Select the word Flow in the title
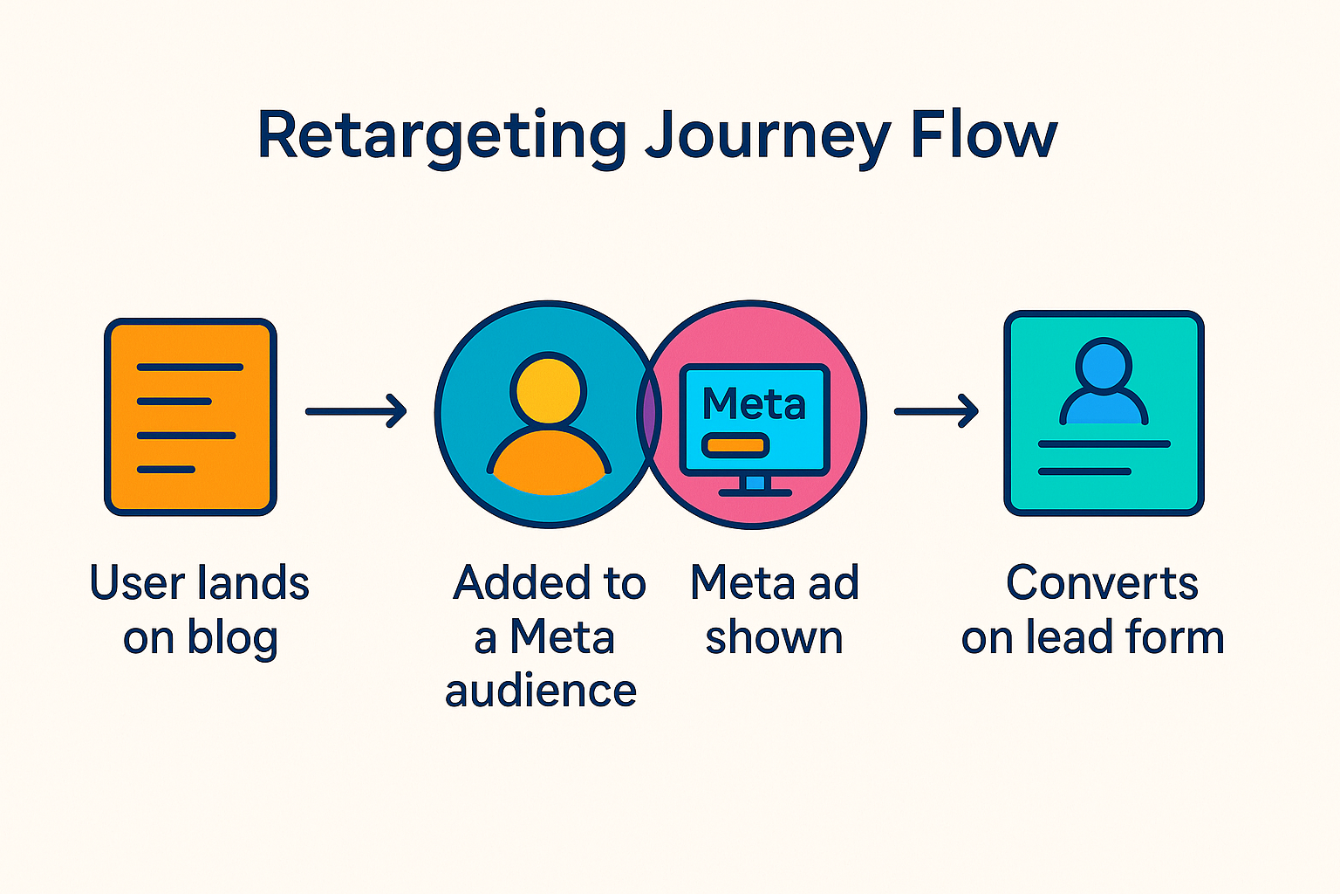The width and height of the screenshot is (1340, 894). pos(983,136)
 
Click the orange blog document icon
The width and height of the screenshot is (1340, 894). pos(190,416)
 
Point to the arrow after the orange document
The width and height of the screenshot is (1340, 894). pos(356,411)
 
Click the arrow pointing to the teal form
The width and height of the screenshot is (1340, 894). pos(936,411)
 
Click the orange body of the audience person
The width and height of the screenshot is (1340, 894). pos(549,463)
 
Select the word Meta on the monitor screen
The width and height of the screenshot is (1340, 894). pos(754,404)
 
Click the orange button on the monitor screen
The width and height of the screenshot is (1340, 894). pos(735,446)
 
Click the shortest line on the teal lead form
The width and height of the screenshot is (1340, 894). pos(1084,471)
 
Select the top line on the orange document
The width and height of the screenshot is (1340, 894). pos(189,368)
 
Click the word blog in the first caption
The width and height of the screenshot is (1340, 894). pos(233,638)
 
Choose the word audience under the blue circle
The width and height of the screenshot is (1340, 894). pos(541,691)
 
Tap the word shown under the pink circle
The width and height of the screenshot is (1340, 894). pos(774,638)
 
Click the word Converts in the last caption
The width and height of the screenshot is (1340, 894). pos(1102,582)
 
